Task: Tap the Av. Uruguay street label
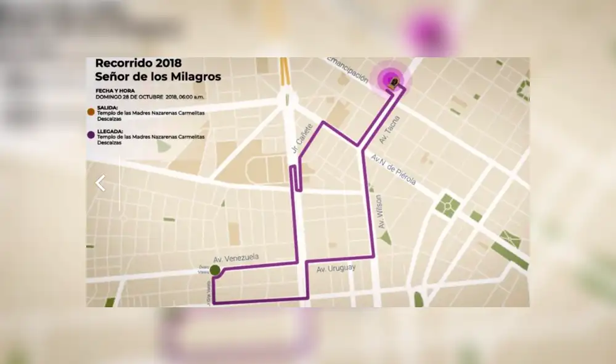[x=336, y=269]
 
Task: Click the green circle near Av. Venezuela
[x=214, y=270]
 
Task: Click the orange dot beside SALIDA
[x=91, y=112]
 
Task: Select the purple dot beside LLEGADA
[x=91, y=134]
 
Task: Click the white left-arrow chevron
[x=100, y=183]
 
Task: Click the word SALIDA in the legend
[x=107, y=107]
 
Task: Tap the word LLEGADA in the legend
[x=110, y=131]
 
